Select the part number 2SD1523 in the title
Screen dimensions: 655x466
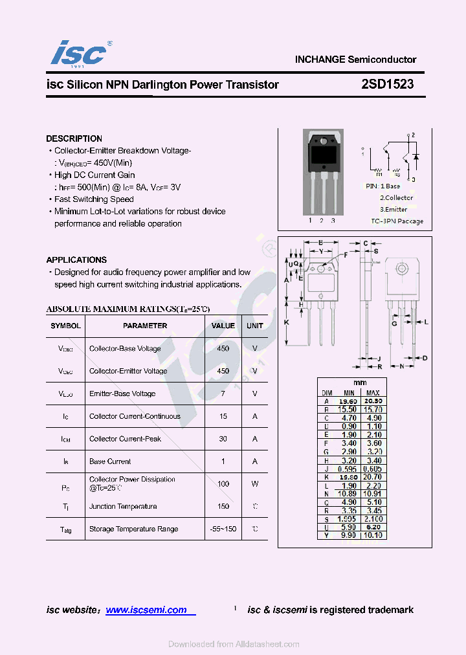click(x=388, y=84)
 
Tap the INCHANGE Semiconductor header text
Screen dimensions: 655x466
click(x=355, y=59)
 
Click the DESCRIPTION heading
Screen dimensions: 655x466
click(x=74, y=139)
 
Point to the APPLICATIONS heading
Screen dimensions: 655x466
click(x=76, y=260)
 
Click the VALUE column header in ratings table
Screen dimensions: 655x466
click(x=223, y=326)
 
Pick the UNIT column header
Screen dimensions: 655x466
click(x=255, y=326)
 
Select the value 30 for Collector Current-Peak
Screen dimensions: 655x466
click(x=223, y=439)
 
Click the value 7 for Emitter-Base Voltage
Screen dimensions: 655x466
click(x=223, y=394)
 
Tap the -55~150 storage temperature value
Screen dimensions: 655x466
click(x=223, y=529)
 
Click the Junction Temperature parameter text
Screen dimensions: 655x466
click(x=123, y=506)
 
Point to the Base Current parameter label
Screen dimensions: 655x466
click(x=110, y=461)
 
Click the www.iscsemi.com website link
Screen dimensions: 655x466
click(x=146, y=610)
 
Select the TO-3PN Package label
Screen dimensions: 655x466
click(x=397, y=221)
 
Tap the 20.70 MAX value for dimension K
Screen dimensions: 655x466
click(x=373, y=476)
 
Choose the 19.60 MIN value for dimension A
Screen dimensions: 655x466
click(x=349, y=401)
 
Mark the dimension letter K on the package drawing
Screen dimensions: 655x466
click(x=287, y=322)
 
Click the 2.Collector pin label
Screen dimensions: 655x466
click(x=396, y=197)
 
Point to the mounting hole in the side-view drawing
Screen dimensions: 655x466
click(x=401, y=268)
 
